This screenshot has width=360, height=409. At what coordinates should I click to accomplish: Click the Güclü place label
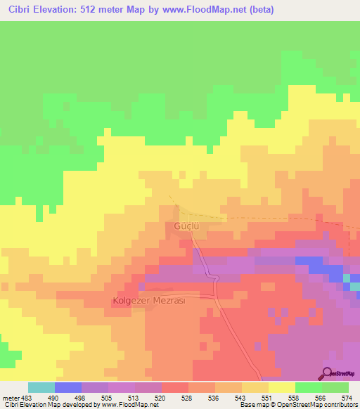pos(188,226)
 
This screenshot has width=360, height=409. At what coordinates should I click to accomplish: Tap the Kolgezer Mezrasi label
pos(148,301)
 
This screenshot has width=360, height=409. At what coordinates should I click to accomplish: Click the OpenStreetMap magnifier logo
pos(328,374)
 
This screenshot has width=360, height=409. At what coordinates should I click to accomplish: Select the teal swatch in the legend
pos(41,387)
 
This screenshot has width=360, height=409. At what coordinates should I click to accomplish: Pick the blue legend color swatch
pos(68,387)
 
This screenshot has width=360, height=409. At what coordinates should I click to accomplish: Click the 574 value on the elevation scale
pos(345,398)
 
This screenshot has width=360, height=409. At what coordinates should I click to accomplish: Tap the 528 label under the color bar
pos(188,398)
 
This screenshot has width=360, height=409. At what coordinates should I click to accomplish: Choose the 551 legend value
pos(266,398)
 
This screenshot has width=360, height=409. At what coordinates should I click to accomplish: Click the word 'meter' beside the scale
pos(11,398)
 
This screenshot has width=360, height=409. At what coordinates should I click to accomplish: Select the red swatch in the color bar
pos(174,387)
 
